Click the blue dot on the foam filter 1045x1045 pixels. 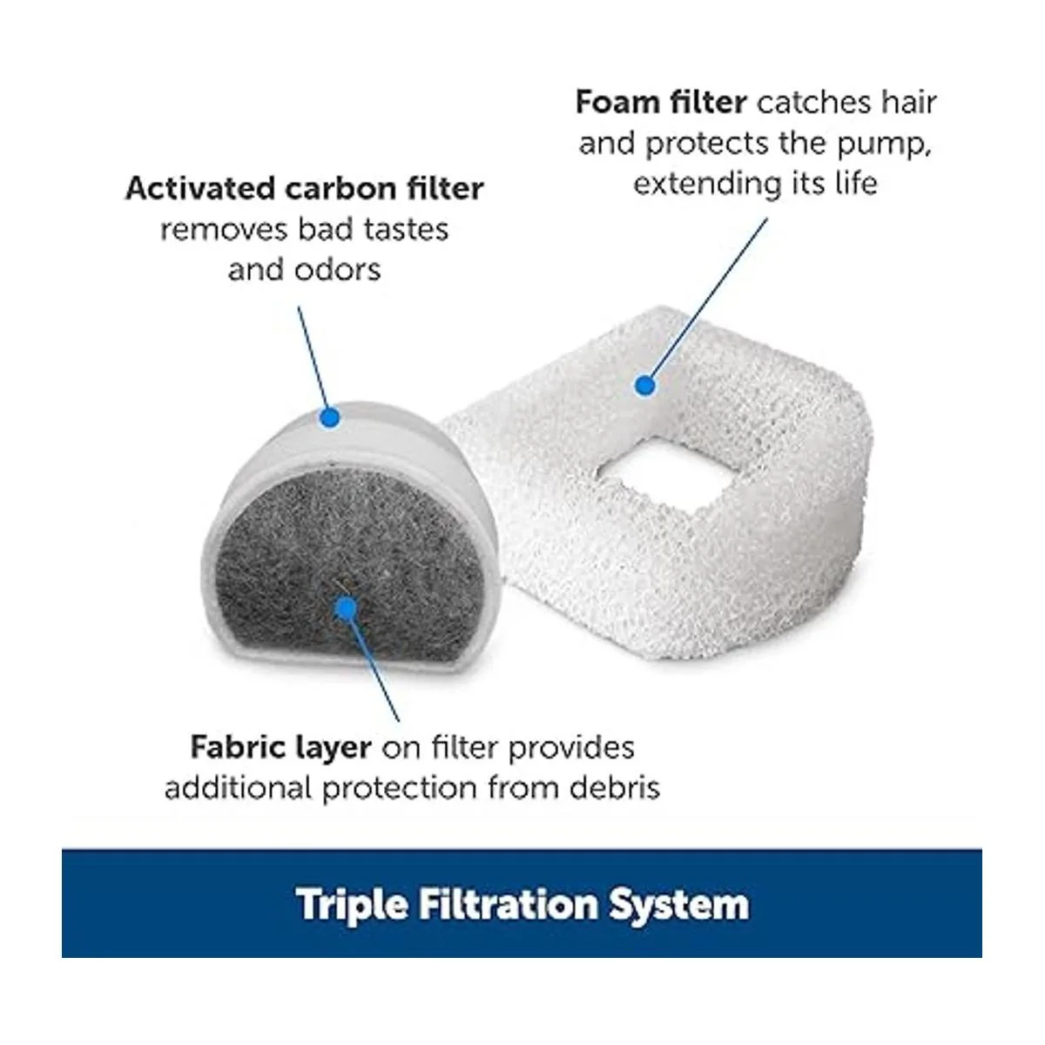click(x=644, y=386)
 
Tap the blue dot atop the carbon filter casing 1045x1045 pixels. click(x=330, y=418)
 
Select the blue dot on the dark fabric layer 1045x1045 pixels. click(x=346, y=609)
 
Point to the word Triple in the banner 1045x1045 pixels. click(x=352, y=904)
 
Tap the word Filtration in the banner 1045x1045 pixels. click(x=508, y=902)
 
